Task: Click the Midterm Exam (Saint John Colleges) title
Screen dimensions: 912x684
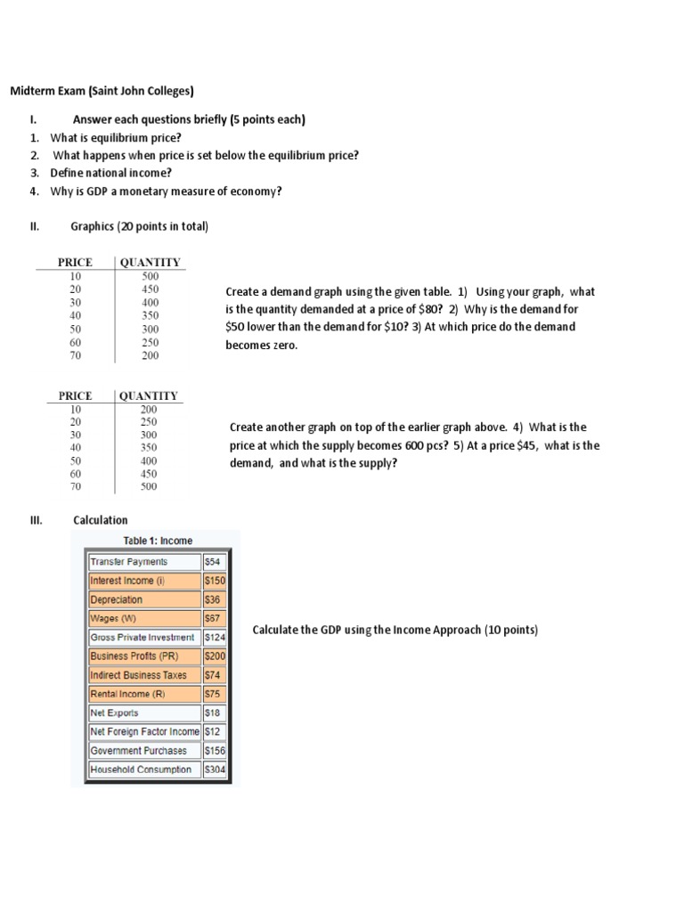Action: (x=102, y=91)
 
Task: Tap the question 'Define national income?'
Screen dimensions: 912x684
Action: (x=111, y=173)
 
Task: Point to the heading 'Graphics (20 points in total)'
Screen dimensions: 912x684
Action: (x=139, y=226)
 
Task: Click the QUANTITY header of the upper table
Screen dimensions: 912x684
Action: (x=150, y=262)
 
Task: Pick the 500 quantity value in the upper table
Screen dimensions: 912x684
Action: (x=150, y=276)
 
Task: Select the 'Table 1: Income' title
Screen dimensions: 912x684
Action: (x=157, y=541)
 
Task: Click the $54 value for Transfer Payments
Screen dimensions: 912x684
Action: (x=214, y=562)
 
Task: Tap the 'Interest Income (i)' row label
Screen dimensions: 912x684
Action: (x=128, y=581)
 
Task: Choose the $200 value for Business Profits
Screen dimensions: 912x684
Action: (x=215, y=656)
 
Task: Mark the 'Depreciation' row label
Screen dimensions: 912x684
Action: (x=117, y=599)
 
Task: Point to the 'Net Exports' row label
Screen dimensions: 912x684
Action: (x=115, y=712)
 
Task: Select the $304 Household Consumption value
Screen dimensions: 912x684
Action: (x=215, y=769)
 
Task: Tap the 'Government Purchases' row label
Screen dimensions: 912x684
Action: (x=139, y=751)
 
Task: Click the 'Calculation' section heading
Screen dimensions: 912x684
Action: (x=101, y=520)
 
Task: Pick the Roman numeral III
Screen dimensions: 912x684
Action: (x=36, y=520)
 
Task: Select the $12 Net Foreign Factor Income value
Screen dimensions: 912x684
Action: (x=213, y=731)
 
